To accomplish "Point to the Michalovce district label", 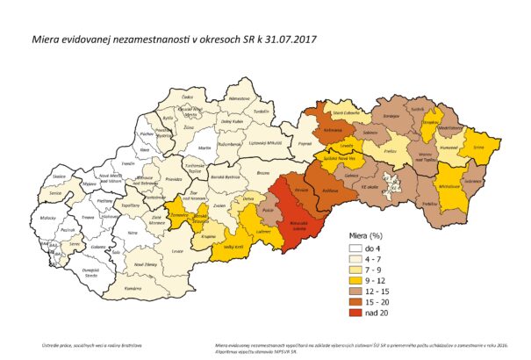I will click(x=451, y=188).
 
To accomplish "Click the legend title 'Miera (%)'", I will click(x=357, y=236).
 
